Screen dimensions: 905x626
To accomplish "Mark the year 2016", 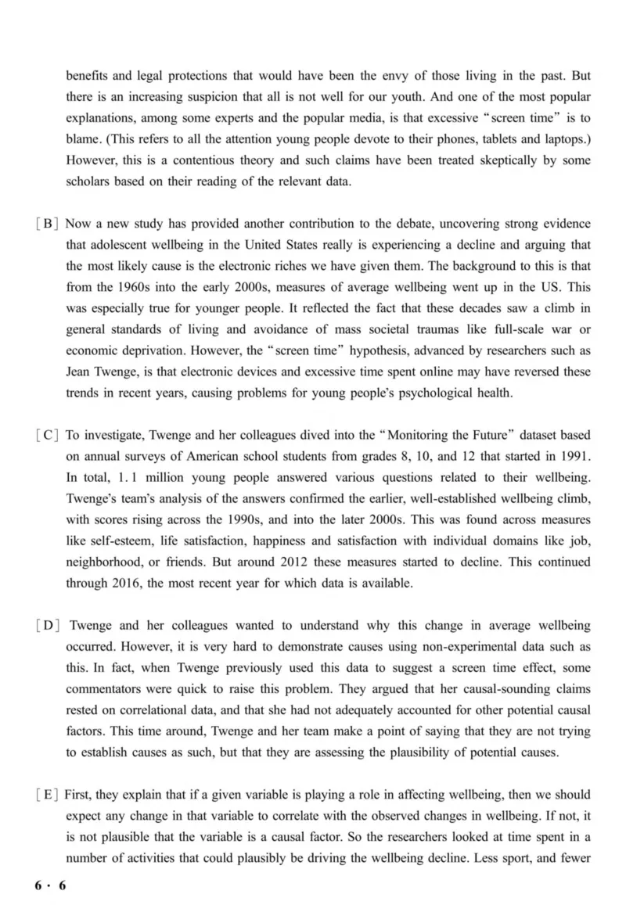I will pyautogui.click(x=135, y=582).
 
